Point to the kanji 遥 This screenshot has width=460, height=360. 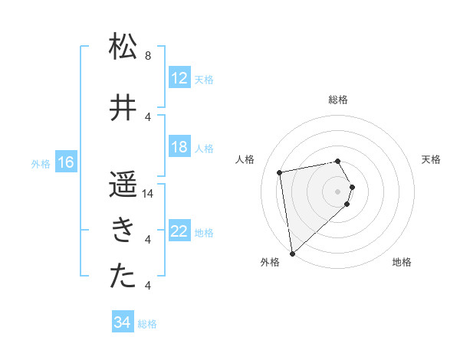[123, 185]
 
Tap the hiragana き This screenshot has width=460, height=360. [123, 231]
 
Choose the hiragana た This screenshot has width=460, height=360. [123, 277]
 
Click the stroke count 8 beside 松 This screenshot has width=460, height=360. [147, 56]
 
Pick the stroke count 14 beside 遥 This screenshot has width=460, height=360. [149, 194]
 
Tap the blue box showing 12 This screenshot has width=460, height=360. [179, 78]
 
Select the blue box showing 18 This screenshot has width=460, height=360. [179, 147]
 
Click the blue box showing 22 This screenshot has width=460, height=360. [179, 231]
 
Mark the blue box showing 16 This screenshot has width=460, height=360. [65, 162]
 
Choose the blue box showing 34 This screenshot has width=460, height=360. [122, 322]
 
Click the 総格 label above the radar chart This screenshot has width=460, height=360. [337, 100]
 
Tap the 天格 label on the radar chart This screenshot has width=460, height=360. [431, 159]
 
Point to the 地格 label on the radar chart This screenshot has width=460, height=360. [402, 263]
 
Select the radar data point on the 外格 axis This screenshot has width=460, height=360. [291, 253]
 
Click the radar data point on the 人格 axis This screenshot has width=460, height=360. [280, 172]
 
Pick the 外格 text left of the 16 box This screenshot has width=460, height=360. [41, 163]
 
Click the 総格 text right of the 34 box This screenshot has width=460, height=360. [147, 324]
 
